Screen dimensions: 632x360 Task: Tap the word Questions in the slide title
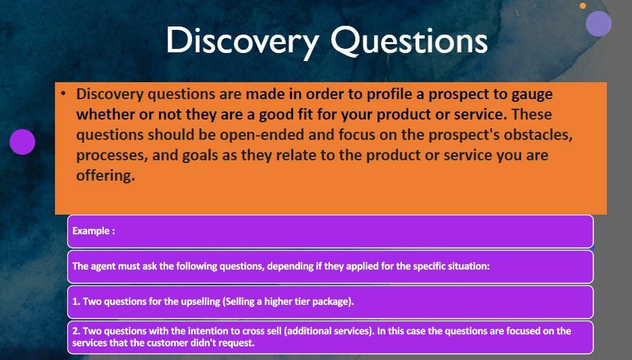(409, 41)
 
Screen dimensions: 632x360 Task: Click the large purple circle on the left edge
(22, 142)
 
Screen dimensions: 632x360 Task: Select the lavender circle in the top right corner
(599, 24)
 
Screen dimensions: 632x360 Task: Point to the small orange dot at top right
(582, 5)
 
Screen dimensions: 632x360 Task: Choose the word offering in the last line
(105, 175)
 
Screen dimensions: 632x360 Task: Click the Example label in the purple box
(94, 231)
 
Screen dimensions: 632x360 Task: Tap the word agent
(103, 266)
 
